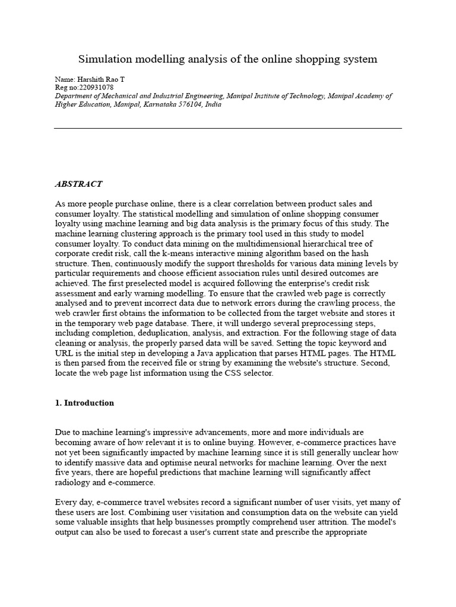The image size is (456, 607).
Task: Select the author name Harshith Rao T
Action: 100,79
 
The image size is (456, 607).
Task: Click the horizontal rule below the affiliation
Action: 228,127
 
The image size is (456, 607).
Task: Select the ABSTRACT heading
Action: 78,184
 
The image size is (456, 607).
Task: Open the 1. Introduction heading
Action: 84,403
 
